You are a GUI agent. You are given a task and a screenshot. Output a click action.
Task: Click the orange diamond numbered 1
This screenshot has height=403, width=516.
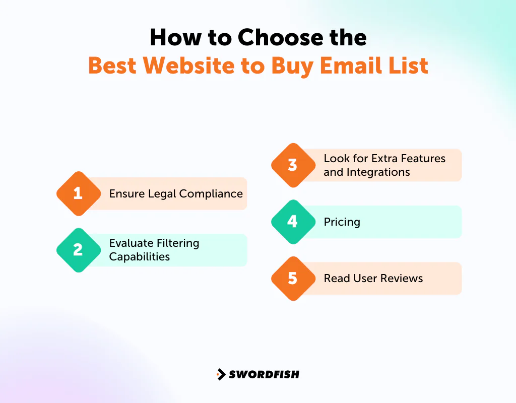pyautogui.click(x=78, y=193)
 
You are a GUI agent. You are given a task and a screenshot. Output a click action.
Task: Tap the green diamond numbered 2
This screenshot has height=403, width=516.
pyautogui.click(x=78, y=250)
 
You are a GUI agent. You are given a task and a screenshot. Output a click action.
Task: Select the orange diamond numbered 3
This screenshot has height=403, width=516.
pyautogui.click(x=293, y=165)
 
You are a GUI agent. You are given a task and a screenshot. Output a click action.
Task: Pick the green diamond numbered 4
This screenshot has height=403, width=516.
pyautogui.click(x=293, y=222)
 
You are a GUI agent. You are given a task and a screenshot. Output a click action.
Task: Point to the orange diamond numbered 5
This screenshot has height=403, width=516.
pyautogui.click(x=293, y=278)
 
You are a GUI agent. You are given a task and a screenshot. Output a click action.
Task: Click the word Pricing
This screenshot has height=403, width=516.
pyautogui.click(x=342, y=222)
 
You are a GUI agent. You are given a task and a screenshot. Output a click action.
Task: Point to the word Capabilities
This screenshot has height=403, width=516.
pyautogui.click(x=140, y=256)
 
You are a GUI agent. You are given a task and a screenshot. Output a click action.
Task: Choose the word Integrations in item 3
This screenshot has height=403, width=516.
pyautogui.click(x=378, y=172)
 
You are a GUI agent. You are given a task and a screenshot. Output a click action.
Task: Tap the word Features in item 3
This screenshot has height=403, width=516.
pyautogui.click(x=423, y=158)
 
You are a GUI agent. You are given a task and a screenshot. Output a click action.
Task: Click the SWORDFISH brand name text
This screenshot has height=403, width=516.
pyautogui.click(x=264, y=374)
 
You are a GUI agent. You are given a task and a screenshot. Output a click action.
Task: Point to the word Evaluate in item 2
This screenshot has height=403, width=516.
pyautogui.click(x=131, y=243)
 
